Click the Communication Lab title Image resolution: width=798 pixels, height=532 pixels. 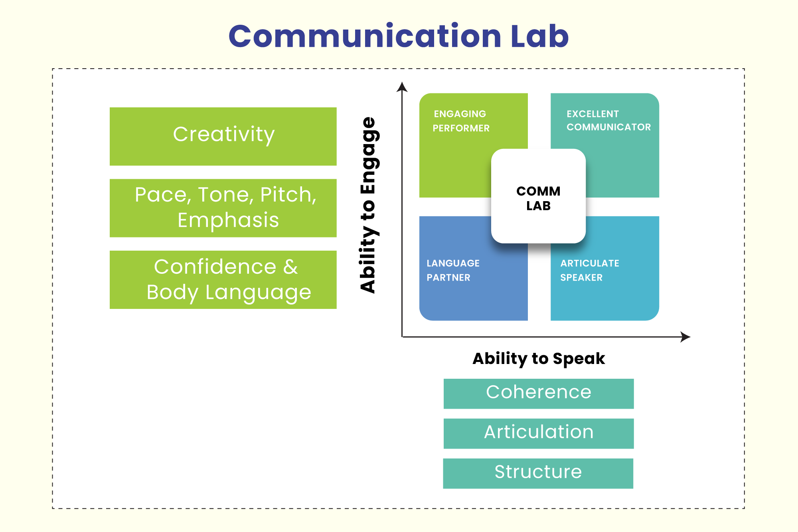pyautogui.click(x=399, y=36)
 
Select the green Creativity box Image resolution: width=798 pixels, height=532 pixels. pyautogui.click(x=223, y=136)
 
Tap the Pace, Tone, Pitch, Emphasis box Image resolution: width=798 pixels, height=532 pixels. pyautogui.click(x=223, y=208)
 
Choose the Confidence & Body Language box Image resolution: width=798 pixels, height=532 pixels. pyautogui.click(x=223, y=280)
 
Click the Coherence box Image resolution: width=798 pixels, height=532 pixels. pyautogui.click(x=539, y=394)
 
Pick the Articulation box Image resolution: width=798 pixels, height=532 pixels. pyautogui.click(x=539, y=433)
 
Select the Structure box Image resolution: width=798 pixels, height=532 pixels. pyautogui.click(x=538, y=473)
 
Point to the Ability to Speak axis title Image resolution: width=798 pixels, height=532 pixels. pyautogui.click(x=539, y=358)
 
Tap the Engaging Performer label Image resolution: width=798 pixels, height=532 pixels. pyautogui.click(x=461, y=121)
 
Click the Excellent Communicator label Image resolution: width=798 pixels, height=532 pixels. pyautogui.click(x=608, y=121)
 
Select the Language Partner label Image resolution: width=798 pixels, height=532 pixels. pyautogui.click(x=453, y=270)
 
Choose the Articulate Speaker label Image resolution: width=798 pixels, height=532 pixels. pyautogui.click(x=590, y=270)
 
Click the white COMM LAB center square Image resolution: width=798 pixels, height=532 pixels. pyautogui.click(x=538, y=196)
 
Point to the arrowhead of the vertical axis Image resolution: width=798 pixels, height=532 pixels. pyautogui.click(x=402, y=87)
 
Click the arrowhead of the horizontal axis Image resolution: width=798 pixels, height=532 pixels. pyautogui.click(x=685, y=337)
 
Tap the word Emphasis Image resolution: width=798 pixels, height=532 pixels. pyautogui.click(x=228, y=220)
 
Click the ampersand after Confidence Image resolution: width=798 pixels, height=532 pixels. pyautogui.click(x=290, y=267)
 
